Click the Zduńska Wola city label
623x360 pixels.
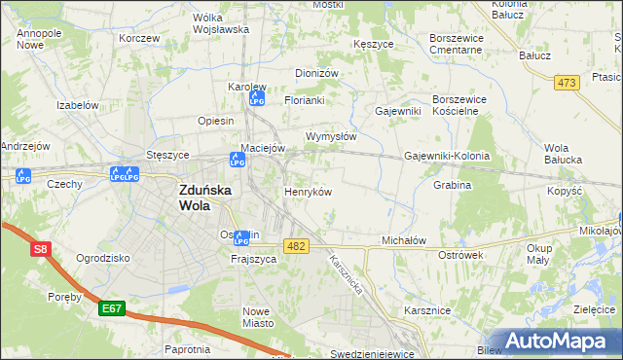[x=204, y=198]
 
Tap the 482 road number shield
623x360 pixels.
[x=297, y=247]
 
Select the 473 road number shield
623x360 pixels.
[x=568, y=84]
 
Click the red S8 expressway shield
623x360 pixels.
[x=40, y=250]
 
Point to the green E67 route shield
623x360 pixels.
[x=112, y=308]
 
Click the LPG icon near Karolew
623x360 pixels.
[x=258, y=97]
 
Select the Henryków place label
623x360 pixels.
[x=308, y=192]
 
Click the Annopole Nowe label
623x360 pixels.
[x=39, y=39]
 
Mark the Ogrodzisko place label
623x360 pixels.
[x=103, y=259]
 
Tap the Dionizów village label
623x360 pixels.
[x=316, y=73]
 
